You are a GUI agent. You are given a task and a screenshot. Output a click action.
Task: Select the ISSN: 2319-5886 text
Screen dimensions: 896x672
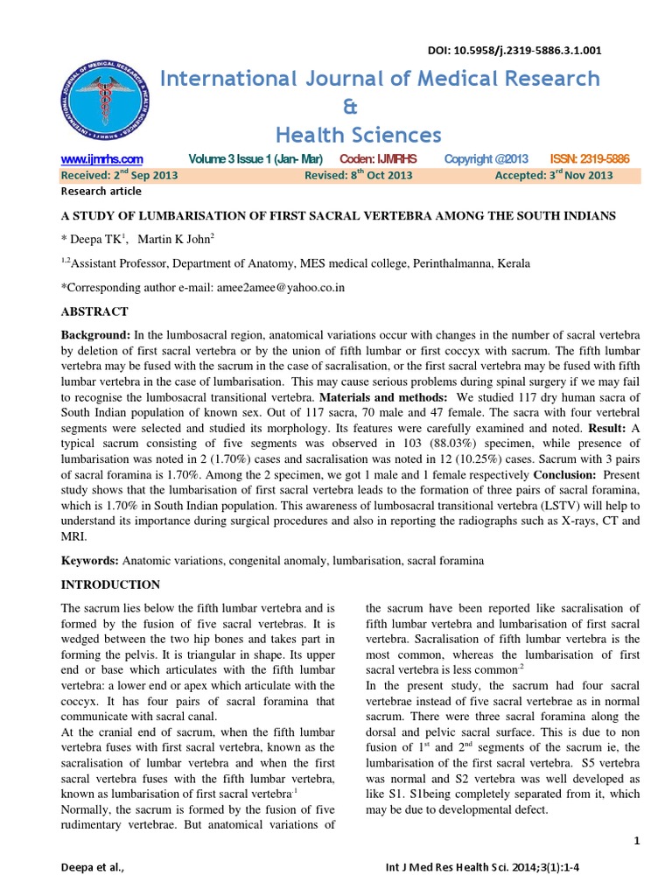(590, 158)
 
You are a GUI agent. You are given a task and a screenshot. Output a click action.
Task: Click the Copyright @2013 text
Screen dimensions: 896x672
(486, 158)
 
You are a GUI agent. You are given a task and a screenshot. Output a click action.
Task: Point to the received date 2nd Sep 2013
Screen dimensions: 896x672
(120, 175)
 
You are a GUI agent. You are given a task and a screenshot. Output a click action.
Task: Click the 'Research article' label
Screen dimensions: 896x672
(101, 191)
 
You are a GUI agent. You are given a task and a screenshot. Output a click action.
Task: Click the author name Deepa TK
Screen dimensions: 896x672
(98, 239)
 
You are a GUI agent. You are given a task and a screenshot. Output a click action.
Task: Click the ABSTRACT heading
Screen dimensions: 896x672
(94, 311)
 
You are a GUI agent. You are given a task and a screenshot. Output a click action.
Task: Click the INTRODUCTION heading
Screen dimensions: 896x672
(109, 584)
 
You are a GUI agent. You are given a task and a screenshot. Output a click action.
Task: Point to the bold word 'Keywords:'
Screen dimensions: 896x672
(91, 559)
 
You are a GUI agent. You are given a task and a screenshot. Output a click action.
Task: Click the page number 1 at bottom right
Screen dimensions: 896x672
(637, 841)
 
